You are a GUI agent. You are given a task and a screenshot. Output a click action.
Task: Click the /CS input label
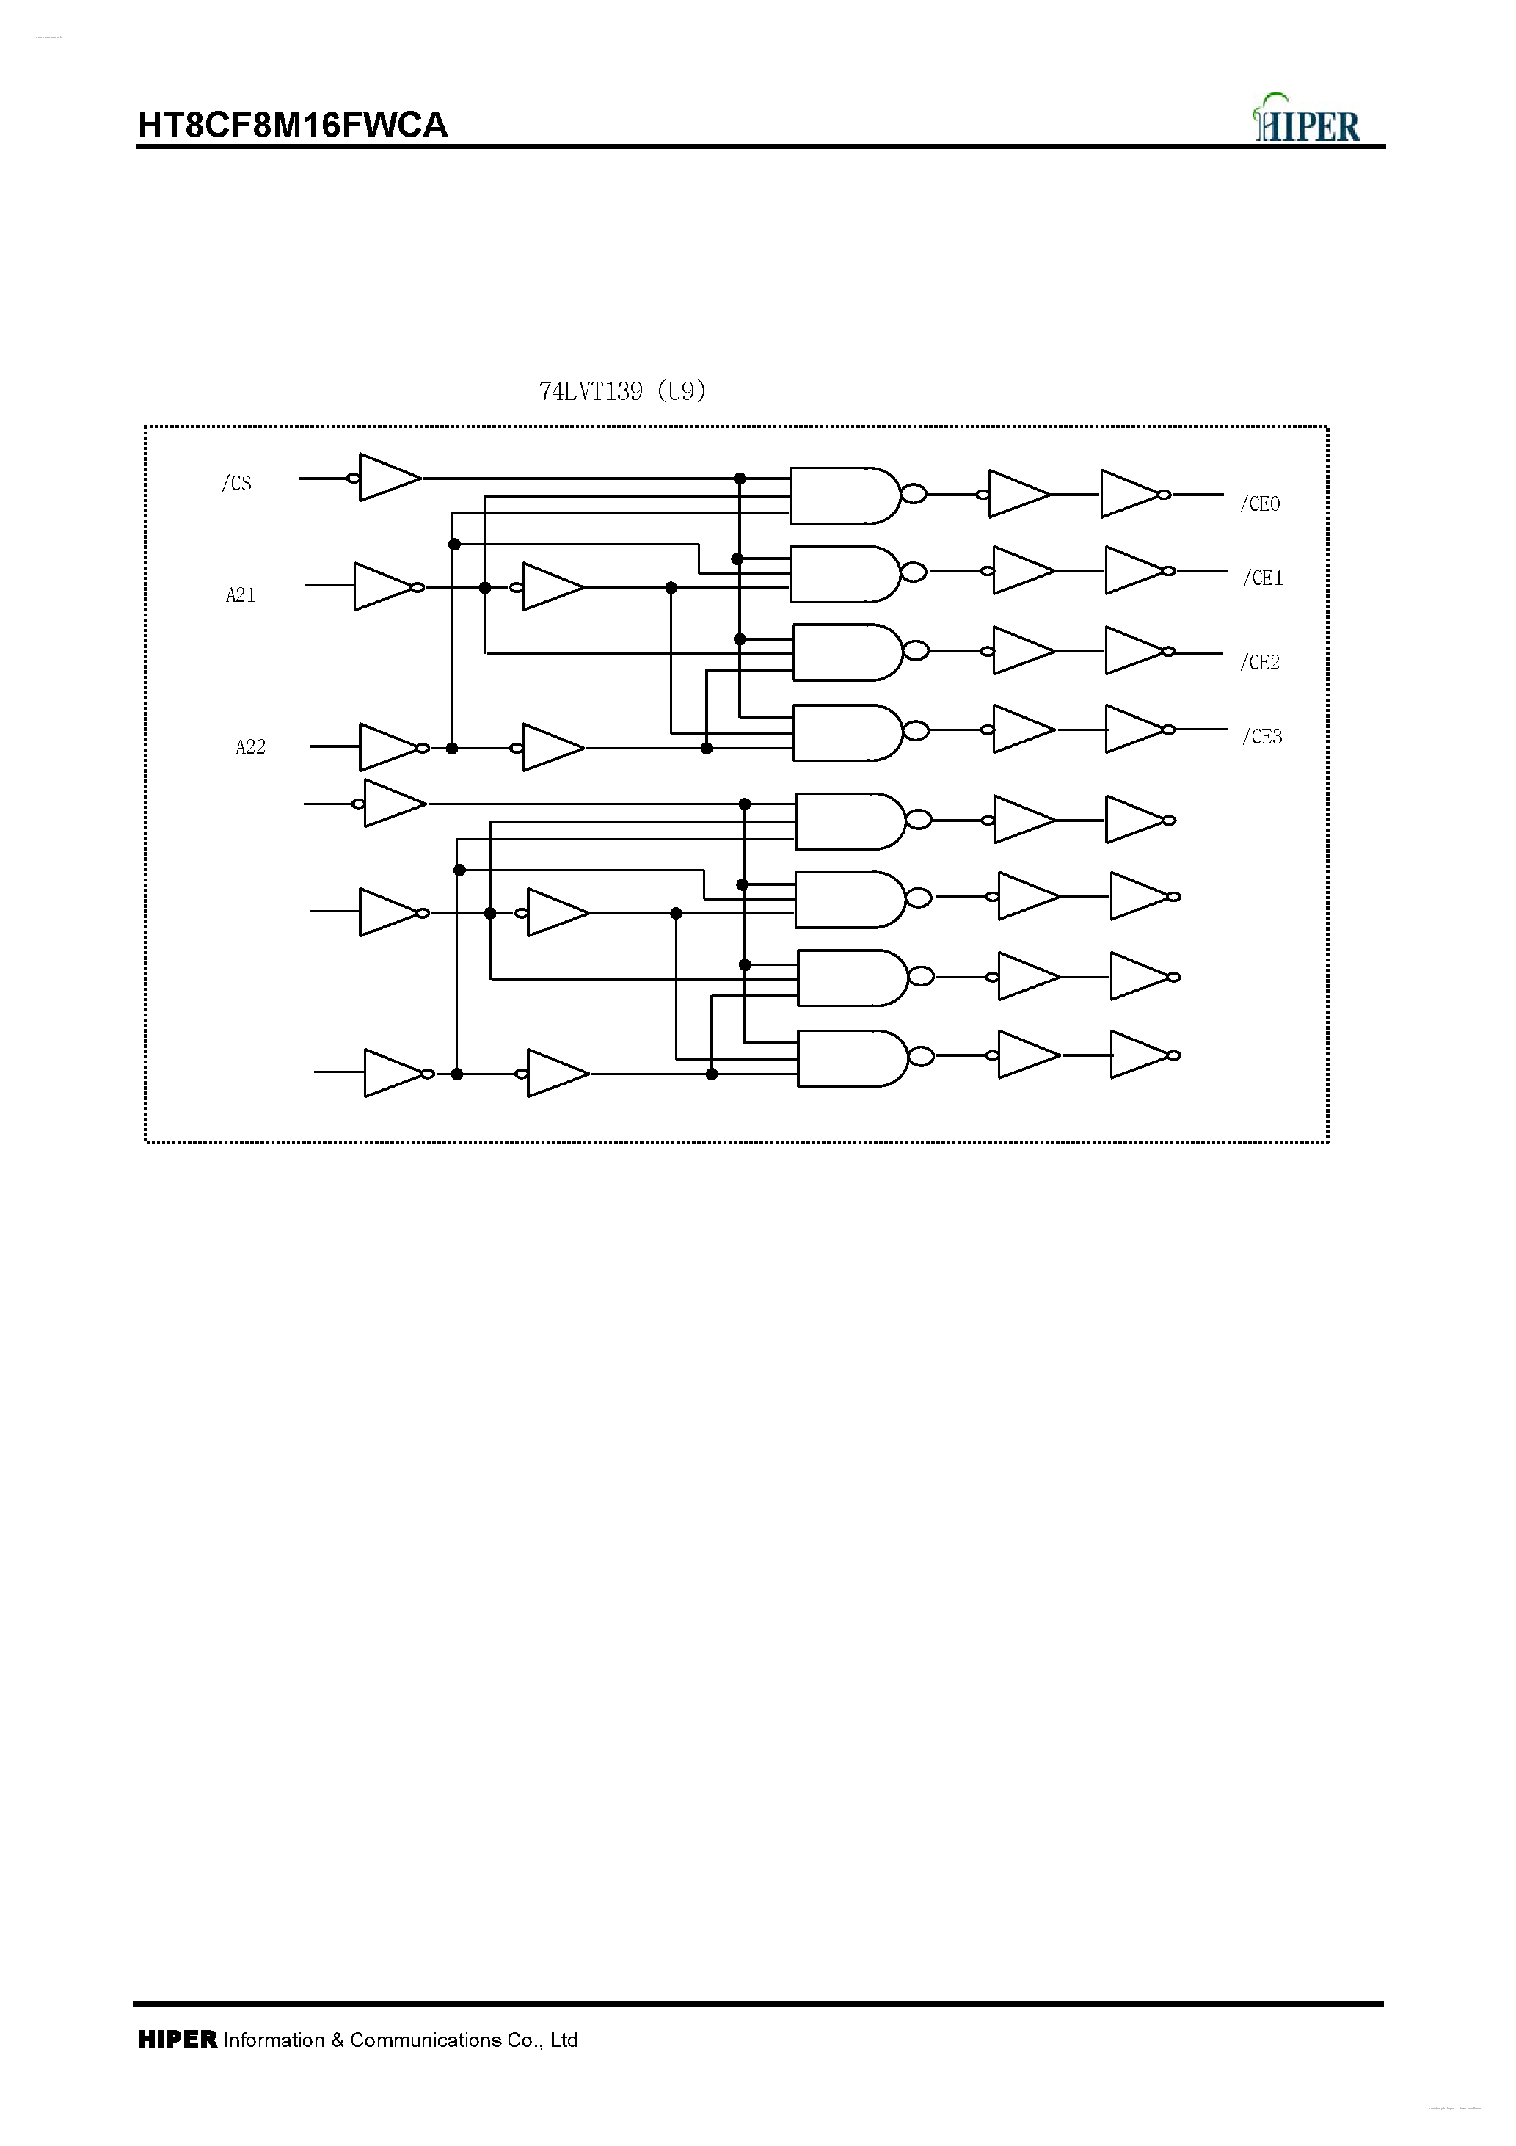pyautogui.click(x=236, y=483)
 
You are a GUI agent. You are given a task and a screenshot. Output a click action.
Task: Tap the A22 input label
pyautogui.click(x=250, y=747)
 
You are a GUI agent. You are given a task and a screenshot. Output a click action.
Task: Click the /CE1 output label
pyautogui.click(x=1263, y=578)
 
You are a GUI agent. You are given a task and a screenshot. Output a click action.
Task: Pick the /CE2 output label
pyautogui.click(x=1260, y=663)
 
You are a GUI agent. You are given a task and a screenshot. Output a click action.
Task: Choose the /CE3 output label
pyautogui.click(x=1262, y=737)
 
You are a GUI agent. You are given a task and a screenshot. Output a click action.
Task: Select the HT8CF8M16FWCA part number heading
pyautogui.click(x=293, y=126)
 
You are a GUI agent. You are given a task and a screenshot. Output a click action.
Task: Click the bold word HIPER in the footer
pyautogui.click(x=178, y=2040)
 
